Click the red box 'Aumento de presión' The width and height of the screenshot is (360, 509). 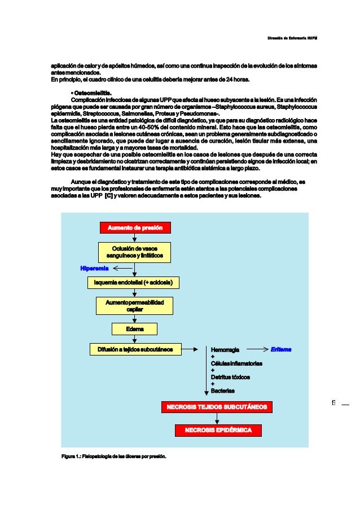[135, 227]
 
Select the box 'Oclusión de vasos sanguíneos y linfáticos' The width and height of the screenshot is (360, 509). [134, 252]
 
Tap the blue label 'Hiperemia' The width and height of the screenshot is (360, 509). [94, 269]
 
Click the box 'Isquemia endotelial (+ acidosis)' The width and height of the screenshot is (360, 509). [133, 282]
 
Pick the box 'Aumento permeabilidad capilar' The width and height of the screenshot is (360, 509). [134, 306]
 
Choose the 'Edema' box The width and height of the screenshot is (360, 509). [134, 328]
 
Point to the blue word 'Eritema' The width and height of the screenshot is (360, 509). [281, 349]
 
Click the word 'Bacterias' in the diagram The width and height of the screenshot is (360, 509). [223, 390]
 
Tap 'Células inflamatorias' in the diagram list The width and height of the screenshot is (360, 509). [236, 363]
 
